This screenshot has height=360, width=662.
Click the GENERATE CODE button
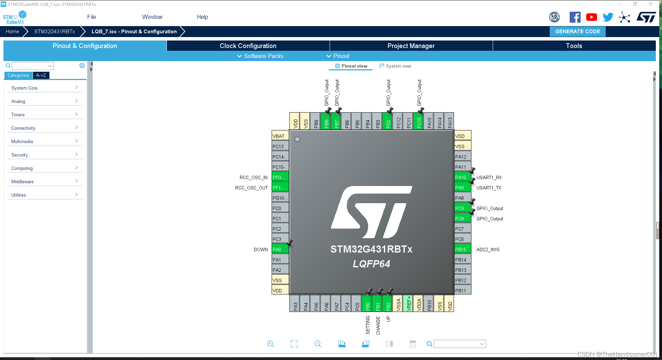click(578, 32)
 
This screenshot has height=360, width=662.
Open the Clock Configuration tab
click(248, 46)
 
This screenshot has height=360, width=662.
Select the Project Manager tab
click(411, 46)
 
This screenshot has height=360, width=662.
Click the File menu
click(92, 17)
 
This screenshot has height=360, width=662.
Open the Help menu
click(202, 17)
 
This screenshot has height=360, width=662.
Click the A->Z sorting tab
click(41, 76)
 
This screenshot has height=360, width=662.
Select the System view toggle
click(395, 66)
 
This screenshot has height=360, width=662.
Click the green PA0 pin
click(280, 249)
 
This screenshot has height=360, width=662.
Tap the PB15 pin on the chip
click(462, 249)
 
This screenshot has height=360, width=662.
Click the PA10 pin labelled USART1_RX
click(462, 177)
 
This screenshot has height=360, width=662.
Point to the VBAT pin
click(280, 136)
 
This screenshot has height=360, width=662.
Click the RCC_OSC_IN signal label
click(253, 177)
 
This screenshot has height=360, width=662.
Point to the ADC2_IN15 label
click(488, 249)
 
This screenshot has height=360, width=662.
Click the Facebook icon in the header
click(575, 17)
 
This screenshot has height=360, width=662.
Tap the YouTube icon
click(591, 17)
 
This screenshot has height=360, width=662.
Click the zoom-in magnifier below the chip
click(271, 344)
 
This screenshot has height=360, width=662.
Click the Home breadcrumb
click(13, 32)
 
